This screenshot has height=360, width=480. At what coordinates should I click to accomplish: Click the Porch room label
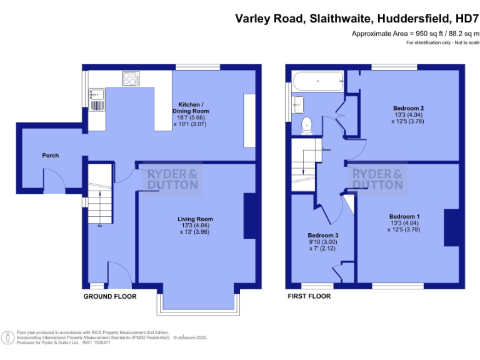pyautogui.click(x=50, y=155)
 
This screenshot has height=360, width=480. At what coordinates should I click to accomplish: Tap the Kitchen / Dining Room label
pyautogui.click(x=190, y=111)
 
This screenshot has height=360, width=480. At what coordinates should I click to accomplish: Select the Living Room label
pyautogui.click(x=195, y=219)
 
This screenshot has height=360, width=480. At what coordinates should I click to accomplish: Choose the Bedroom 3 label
pyautogui.click(x=322, y=235)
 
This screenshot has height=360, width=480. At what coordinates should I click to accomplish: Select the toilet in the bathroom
pyautogui.click(x=306, y=124)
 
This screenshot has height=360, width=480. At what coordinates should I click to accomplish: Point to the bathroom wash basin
pyautogui.click(x=298, y=103)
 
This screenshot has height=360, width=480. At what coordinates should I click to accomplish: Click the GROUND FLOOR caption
pyautogui.click(x=110, y=296)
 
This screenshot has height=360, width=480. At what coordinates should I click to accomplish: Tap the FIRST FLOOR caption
pyautogui.click(x=309, y=296)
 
